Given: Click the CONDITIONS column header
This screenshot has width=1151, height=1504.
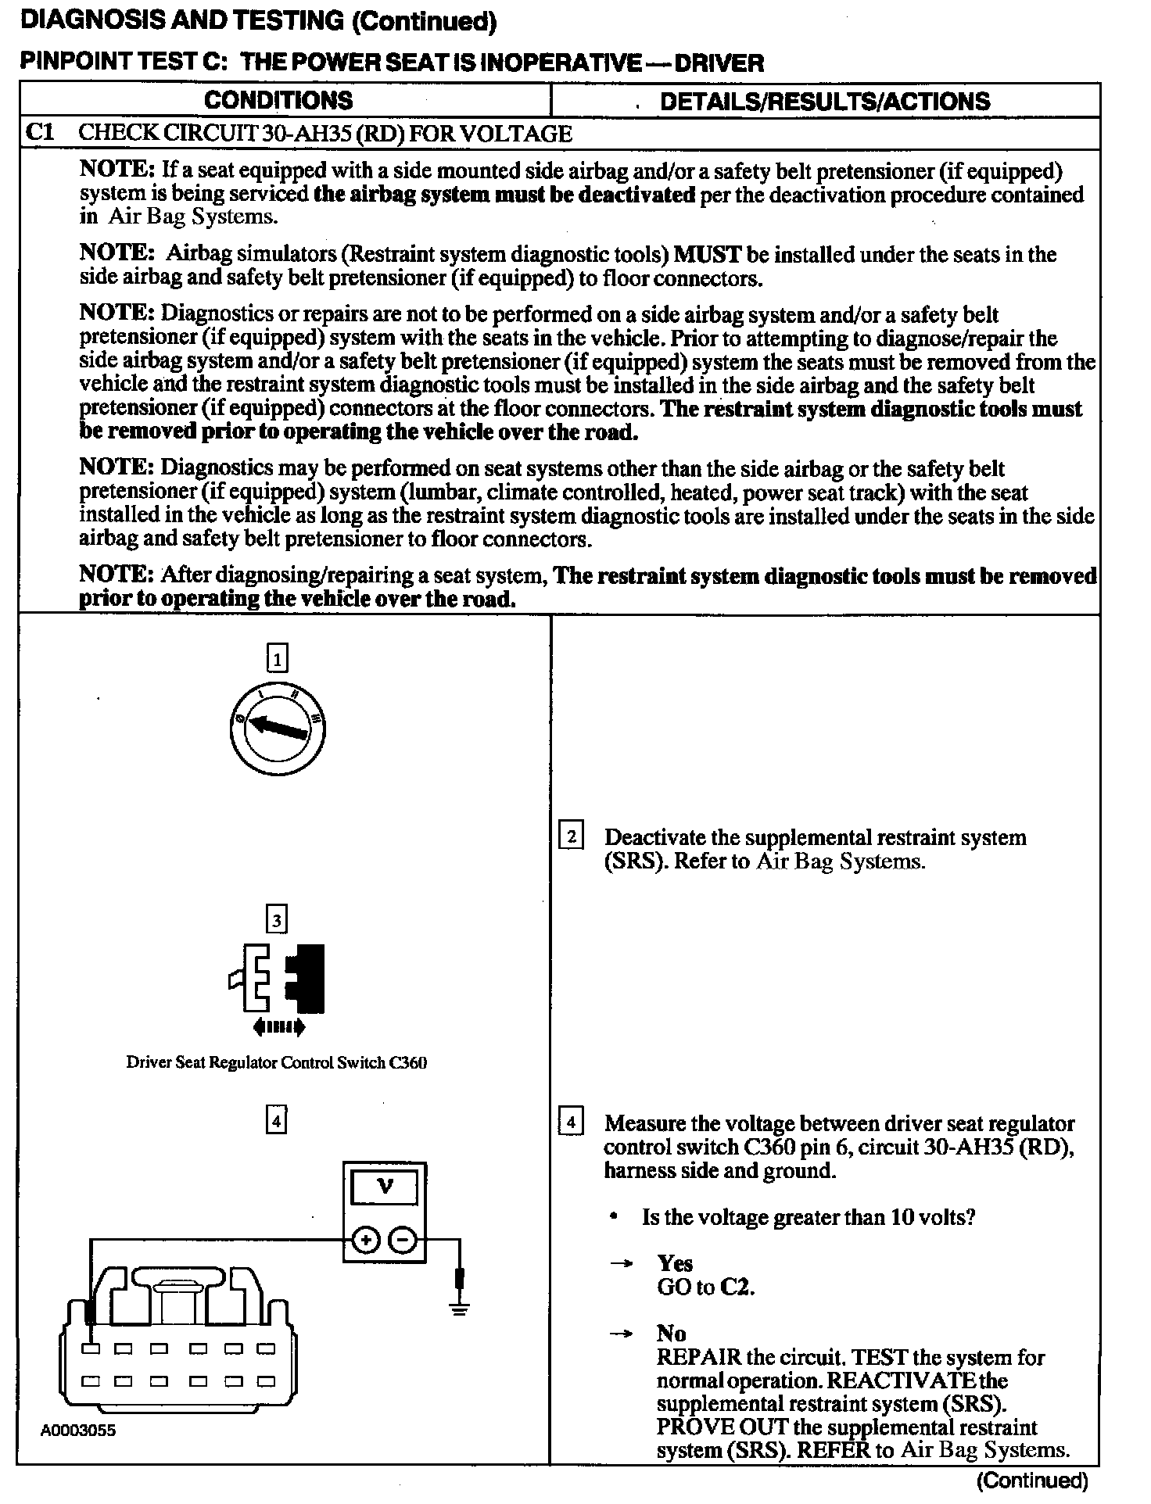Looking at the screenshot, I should [x=278, y=100].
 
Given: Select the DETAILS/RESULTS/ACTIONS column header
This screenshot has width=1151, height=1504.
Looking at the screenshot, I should [x=824, y=101].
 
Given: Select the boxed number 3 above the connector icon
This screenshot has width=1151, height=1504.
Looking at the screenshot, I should [x=277, y=920].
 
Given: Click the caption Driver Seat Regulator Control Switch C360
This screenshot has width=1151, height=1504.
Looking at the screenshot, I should [x=276, y=1063].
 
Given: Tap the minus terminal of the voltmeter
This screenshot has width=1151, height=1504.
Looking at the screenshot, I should [x=403, y=1239].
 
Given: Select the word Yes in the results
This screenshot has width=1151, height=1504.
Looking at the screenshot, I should [x=675, y=1264].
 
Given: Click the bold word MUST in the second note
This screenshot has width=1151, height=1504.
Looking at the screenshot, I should [x=707, y=254].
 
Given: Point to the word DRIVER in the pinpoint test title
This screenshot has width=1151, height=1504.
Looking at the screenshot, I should [x=719, y=63].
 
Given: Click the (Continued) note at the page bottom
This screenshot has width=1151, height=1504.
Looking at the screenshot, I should [x=1032, y=1480].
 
